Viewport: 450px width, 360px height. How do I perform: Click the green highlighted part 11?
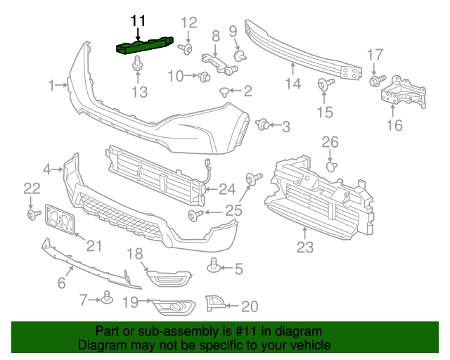pos(146,46)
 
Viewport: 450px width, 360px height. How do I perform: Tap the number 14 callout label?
pos(292,84)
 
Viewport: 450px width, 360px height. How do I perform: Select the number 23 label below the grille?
pos(304,247)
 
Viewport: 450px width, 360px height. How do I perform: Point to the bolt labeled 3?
pos(263,125)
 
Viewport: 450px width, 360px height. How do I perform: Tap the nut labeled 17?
pos(374,81)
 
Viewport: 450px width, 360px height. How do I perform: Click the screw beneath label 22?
pos(32,213)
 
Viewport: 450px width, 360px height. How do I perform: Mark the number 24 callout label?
pos(226,188)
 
